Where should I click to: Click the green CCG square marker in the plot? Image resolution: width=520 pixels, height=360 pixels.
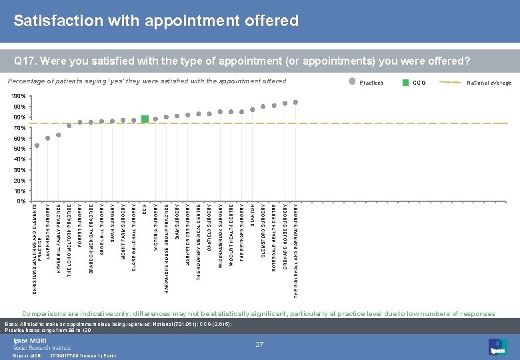145,119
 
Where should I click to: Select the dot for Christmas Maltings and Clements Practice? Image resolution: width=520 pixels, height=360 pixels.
37,145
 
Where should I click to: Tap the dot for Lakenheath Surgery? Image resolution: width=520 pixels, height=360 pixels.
48,138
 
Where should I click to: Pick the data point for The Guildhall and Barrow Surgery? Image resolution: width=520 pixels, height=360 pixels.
295,102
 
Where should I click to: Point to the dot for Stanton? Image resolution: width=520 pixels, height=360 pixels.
253,109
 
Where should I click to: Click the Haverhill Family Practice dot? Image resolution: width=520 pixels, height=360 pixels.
59,135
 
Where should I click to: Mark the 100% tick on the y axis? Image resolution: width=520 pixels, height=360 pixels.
19,97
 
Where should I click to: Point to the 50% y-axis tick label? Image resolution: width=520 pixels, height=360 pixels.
19,149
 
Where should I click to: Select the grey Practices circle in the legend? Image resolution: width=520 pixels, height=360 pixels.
353,83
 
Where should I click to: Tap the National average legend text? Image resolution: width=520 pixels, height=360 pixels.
489,83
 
